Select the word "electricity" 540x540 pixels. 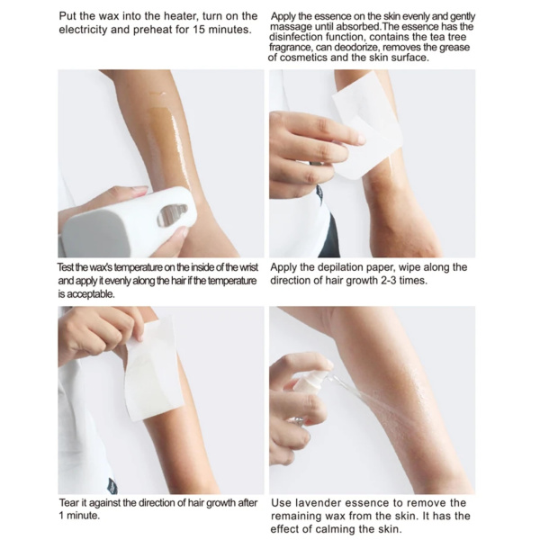[x=90, y=30]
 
